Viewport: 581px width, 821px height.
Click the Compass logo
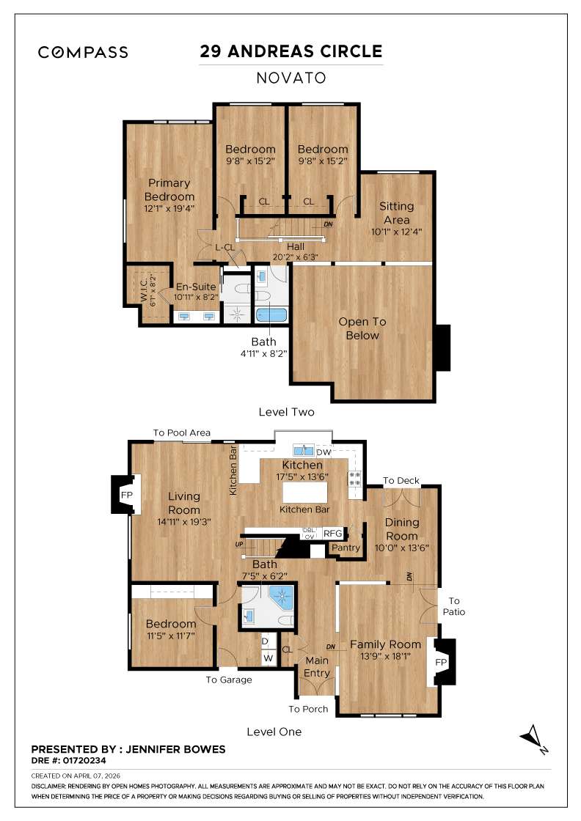(83, 52)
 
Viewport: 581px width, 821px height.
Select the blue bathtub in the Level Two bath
(271, 315)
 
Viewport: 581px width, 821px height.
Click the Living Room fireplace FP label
(125, 495)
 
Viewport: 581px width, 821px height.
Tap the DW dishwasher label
(324, 452)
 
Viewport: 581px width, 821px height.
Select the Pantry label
(346, 548)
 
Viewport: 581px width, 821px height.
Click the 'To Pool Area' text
(181, 432)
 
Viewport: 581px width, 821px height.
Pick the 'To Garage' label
(228, 680)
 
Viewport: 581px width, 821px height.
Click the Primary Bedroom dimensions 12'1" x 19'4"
(169, 208)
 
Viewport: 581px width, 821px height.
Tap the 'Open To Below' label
(362, 329)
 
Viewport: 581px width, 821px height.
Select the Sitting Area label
(397, 213)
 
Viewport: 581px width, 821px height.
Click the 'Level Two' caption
(286, 412)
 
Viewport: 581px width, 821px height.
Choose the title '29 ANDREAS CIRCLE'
(291, 51)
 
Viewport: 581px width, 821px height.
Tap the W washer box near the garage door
(268, 658)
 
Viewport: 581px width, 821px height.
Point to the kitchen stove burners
(355, 479)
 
